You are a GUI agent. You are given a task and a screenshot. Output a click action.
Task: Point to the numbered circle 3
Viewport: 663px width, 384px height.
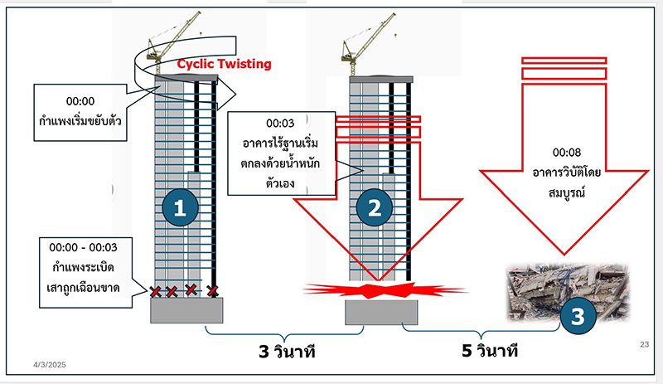coord(577,316)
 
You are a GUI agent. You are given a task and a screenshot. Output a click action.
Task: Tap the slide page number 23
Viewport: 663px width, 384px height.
coord(644,345)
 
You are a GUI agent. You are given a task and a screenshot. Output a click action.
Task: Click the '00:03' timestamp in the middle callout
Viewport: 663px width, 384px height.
coord(282,125)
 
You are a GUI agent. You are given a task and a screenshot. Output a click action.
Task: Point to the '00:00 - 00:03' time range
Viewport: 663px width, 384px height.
coord(84,247)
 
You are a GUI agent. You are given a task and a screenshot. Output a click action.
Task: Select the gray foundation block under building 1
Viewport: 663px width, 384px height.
coord(186,310)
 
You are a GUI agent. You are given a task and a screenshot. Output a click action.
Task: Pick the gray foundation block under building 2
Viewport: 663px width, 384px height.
coord(379,313)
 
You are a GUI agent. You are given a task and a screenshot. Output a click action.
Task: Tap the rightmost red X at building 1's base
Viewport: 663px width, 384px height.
coord(213,290)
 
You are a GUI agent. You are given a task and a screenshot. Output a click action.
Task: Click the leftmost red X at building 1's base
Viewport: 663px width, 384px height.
coord(154,291)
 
